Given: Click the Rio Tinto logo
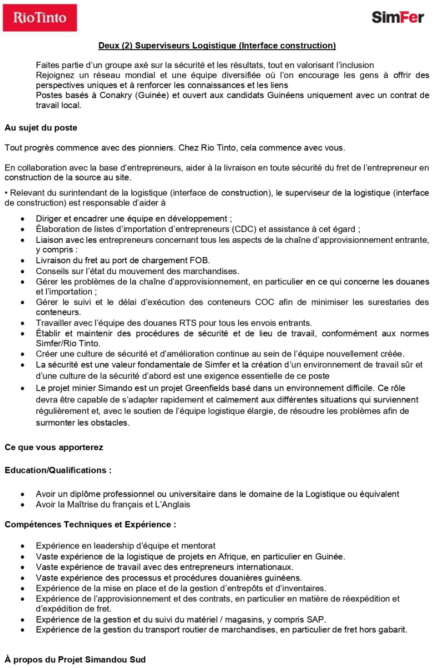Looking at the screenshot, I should click(40, 18).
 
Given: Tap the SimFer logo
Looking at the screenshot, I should click(397, 17).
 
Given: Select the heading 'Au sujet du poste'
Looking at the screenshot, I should click(41, 128).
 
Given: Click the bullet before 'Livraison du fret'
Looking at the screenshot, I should click(22, 261).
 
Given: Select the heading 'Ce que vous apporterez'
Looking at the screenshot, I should click(54, 447).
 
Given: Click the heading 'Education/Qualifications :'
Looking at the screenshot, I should click(58, 470).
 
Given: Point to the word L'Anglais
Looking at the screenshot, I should click(173, 505).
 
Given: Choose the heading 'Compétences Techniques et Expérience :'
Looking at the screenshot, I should click(90, 525).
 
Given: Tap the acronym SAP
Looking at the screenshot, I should click(315, 620).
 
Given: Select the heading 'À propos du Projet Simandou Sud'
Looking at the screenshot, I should click(75, 660).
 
